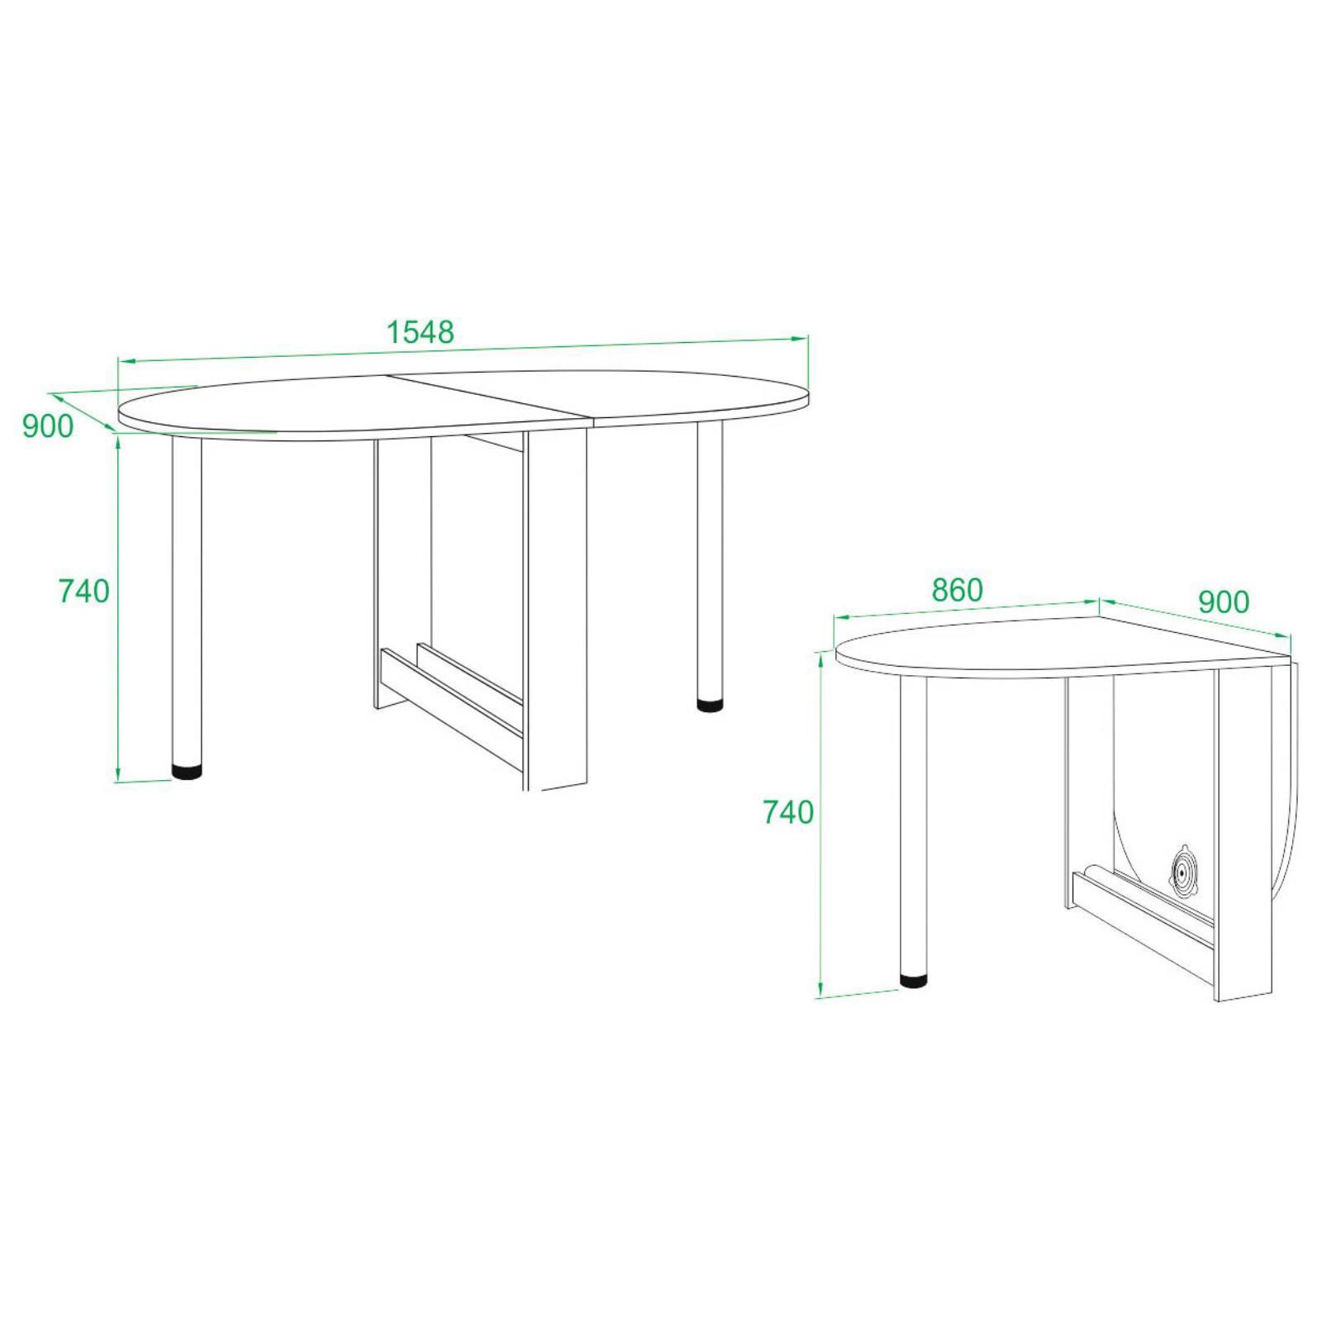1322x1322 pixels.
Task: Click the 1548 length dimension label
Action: [x=421, y=332]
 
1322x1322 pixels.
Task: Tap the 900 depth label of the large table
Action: [x=48, y=426]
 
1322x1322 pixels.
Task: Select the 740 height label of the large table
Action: [x=83, y=591]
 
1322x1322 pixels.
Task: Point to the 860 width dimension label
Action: [x=958, y=590]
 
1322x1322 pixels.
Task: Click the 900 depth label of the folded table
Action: [x=1224, y=602]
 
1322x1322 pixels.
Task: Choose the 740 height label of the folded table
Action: [x=788, y=812]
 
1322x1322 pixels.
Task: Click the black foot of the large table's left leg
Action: [x=187, y=772]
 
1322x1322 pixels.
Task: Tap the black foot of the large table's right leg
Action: [x=709, y=706]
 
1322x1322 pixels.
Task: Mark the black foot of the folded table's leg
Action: [x=913, y=981]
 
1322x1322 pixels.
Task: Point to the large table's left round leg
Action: [x=187, y=601]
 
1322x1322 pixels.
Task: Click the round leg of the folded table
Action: [x=913, y=826]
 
